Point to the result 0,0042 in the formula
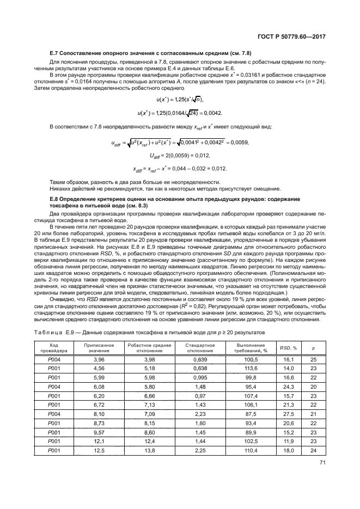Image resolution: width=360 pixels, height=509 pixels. click(212, 113)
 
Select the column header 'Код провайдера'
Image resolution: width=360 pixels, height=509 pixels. click(54, 348)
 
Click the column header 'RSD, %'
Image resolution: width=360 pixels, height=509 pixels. click(288, 348)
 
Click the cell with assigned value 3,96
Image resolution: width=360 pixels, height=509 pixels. click(99, 360)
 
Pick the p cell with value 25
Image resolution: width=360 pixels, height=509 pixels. click(313, 360)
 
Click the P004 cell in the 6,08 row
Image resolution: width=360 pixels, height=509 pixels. click(54, 387)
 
